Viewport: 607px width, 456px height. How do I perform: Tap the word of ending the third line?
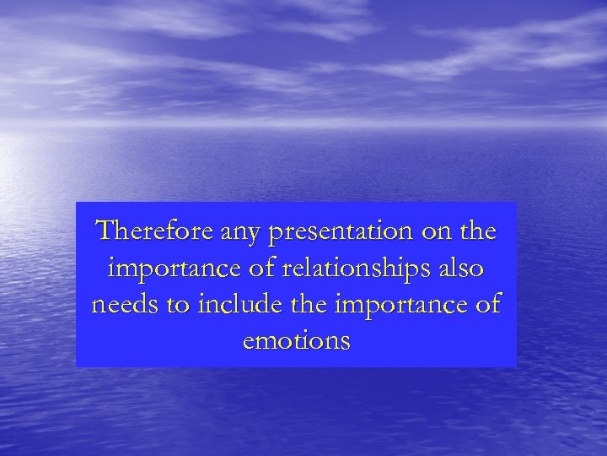[x=487, y=305]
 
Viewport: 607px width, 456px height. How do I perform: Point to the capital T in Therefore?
[x=105, y=230]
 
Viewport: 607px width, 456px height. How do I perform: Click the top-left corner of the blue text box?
[x=76, y=203]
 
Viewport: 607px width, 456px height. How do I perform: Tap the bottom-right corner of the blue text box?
[x=516, y=367]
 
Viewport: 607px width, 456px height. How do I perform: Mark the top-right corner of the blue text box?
[x=516, y=203]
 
